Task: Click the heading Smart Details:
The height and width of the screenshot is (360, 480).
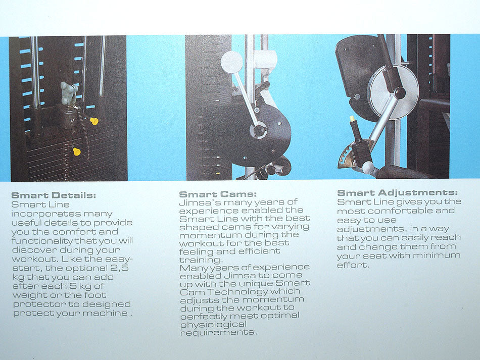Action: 53,195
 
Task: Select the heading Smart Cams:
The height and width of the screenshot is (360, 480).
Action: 218,194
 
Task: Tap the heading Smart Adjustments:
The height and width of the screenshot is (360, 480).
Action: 398,193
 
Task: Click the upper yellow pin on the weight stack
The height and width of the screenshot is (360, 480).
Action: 94,121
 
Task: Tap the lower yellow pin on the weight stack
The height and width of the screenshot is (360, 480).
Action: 77,151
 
